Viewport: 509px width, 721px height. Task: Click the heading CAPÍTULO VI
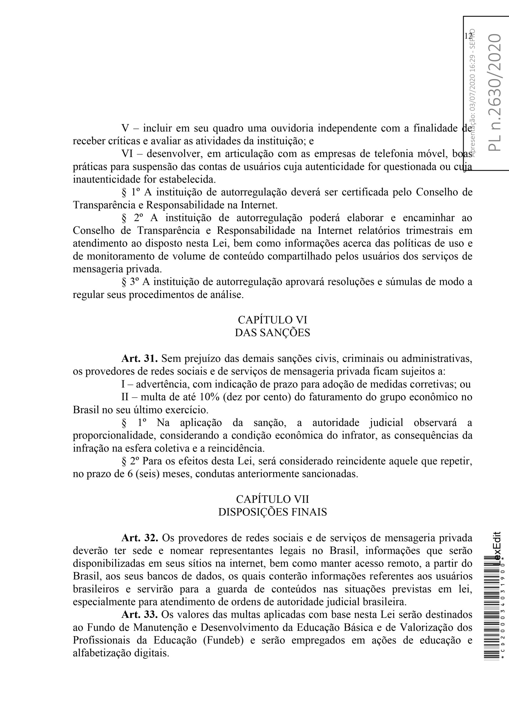coord(272,320)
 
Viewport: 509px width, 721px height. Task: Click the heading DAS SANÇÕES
coord(272,333)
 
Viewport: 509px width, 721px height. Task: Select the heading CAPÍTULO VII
coord(272,499)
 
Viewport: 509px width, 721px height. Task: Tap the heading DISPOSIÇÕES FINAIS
coord(272,512)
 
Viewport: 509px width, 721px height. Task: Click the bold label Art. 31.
coord(139,359)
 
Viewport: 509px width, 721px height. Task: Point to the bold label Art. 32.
coord(139,538)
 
